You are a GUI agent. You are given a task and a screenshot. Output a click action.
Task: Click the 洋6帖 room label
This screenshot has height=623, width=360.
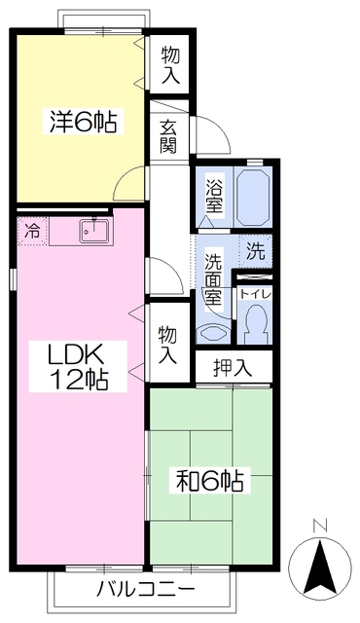[84, 123]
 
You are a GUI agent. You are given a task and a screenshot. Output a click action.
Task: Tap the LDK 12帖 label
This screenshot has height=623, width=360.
[77, 366]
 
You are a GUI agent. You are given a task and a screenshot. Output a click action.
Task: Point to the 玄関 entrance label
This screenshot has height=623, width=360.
[169, 137]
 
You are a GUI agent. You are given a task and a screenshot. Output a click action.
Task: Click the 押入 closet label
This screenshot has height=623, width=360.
[234, 367]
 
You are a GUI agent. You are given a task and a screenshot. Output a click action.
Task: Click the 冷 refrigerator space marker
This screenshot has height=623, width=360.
[33, 232]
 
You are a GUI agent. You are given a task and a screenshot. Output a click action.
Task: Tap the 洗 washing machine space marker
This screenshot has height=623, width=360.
[256, 250]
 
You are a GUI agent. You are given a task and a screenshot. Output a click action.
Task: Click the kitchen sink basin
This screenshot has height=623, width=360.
[94, 231]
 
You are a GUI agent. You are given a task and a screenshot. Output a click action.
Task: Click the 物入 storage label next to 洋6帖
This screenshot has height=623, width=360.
[169, 64]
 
